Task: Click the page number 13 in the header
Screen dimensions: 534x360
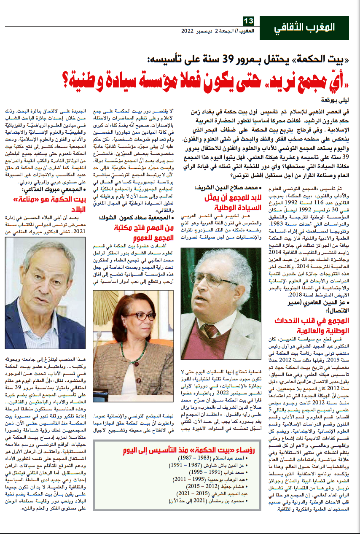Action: coord(248,21)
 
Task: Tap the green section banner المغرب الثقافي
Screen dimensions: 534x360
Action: coord(304,28)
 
